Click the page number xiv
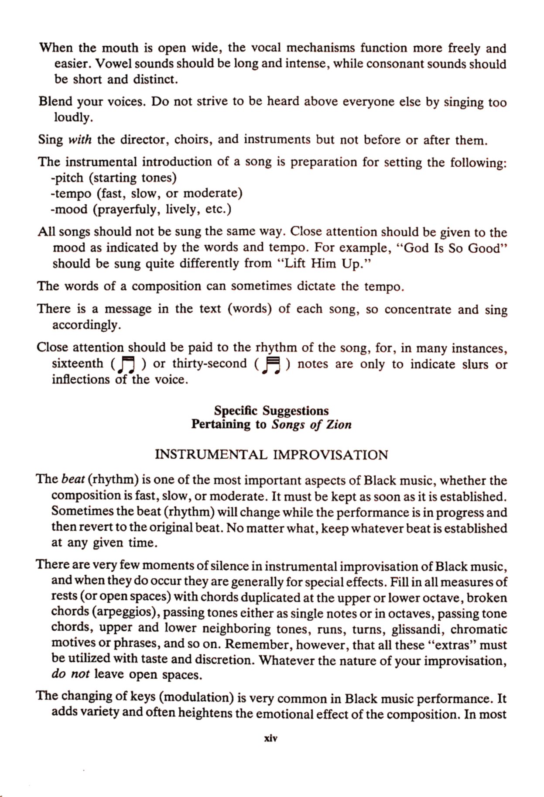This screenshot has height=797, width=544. (x=271, y=738)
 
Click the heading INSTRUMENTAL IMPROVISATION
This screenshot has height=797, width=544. (x=271, y=455)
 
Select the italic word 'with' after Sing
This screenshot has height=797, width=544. (x=80, y=140)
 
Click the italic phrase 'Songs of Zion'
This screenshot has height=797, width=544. (x=311, y=424)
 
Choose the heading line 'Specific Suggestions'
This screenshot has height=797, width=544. (x=271, y=411)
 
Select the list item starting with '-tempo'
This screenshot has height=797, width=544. (x=146, y=193)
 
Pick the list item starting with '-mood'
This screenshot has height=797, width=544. (x=140, y=210)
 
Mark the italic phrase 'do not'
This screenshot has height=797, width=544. (x=70, y=674)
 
